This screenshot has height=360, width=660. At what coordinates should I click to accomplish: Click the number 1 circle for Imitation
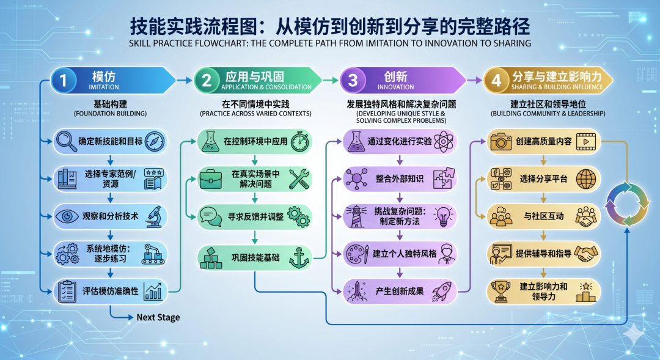click(x=63, y=80)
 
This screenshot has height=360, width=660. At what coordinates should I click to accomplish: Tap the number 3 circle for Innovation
click(x=353, y=80)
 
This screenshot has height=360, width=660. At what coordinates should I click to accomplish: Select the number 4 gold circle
click(x=496, y=80)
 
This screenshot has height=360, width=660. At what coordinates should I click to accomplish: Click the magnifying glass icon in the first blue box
click(x=66, y=141)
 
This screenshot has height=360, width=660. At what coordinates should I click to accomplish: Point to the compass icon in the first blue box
click(x=155, y=141)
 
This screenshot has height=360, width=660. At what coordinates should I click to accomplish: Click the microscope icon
click(x=155, y=216)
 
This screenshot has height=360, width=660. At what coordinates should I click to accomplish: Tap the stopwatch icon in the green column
click(x=300, y=141)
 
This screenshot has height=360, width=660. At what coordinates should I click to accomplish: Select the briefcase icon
click(x=210, y=179)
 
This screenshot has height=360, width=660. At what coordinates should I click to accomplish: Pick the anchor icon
click(x=299, y=258)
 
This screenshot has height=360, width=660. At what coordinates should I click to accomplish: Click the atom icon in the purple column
click(x=443, y=141)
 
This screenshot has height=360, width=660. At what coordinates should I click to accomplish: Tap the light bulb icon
click(x=443, y=216)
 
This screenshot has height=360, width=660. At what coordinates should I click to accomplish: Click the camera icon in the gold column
click(x=501, y=141)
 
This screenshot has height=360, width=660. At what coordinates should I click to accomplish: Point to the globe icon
click(x=586, y=179)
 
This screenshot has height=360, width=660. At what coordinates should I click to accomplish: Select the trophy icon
click(x=501, y=292)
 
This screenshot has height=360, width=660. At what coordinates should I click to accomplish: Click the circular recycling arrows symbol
click(x=627, y=205)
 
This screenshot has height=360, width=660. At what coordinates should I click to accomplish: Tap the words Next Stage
click(x=158, y=317)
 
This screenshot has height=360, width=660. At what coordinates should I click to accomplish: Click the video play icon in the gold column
click(x=586, y=141)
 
